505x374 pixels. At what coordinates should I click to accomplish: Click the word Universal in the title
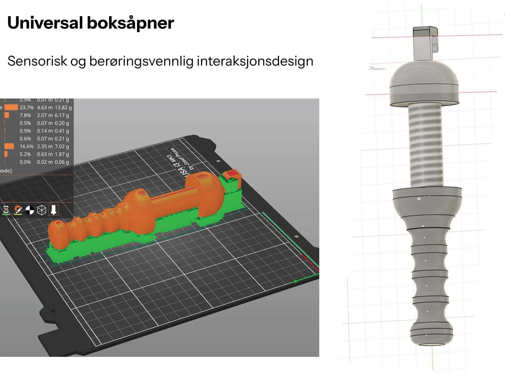[45, 23]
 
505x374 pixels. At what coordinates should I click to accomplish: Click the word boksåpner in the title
[130, 23]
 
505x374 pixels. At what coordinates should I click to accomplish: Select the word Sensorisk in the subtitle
[37, 61]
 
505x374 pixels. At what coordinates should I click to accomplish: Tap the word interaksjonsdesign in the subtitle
[255, 61]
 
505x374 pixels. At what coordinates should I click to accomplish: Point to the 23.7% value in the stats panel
[27, 108]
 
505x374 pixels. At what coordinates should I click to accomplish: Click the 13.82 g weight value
[63, 108]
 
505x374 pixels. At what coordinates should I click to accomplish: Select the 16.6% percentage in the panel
[27, 147]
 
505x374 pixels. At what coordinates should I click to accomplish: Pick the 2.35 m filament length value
[45, 147]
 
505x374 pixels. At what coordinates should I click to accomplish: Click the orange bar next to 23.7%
[11, 108]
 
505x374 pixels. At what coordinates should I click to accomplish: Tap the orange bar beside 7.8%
[7, 115]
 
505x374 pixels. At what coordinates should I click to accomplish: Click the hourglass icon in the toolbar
[6, 210]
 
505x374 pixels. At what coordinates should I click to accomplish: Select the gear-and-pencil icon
[18, 210]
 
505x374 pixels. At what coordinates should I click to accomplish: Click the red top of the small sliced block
[231, 174]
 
